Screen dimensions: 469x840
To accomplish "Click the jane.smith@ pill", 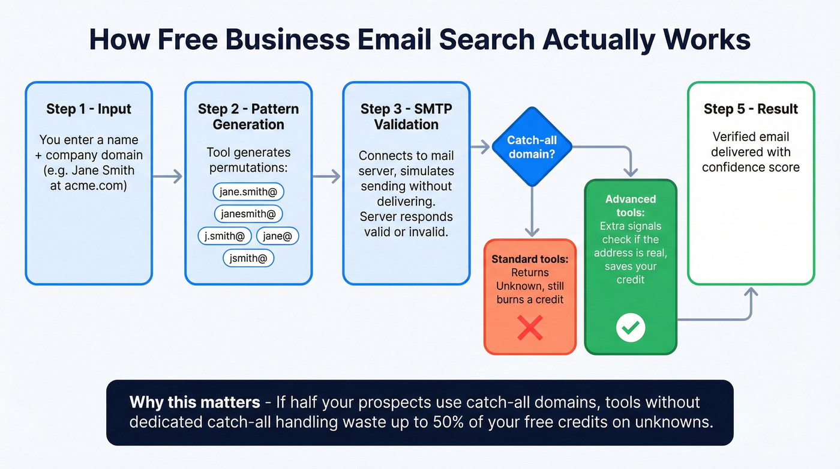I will (x=248, y=192).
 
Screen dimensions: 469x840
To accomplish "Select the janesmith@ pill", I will (x=248, y=214).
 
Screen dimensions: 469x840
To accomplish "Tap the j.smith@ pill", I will (x=224, y=236).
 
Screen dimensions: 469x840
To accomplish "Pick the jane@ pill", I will (x=277, y=236).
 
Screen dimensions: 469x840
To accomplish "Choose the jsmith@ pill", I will (x=248, y=258).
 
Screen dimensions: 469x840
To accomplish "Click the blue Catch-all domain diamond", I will (x=532, y=147).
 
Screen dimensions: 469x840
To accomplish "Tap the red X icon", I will (x=530, y=328).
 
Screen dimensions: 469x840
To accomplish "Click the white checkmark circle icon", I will (x=631, y=327).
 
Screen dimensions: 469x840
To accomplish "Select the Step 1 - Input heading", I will (x=89, y=109).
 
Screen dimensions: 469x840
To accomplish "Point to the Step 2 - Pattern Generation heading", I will (x=248, y=116).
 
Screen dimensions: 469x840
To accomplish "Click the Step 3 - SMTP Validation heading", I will (x=406, y=116).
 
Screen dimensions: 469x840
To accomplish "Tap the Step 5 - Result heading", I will (x=751, y=109).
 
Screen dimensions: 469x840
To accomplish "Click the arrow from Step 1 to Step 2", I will (x=168, y=177).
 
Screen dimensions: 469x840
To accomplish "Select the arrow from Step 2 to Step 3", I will (x=327, y=177).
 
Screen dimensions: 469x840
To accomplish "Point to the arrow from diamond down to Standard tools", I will (x=532, y=210).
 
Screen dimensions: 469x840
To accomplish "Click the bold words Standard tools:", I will (x=530, y=259).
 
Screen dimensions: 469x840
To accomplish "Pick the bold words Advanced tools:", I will (x=631, y=206).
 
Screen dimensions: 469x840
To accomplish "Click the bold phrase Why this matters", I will (x=195, y=402).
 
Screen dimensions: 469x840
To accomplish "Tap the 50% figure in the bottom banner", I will (x=442, y=422).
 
